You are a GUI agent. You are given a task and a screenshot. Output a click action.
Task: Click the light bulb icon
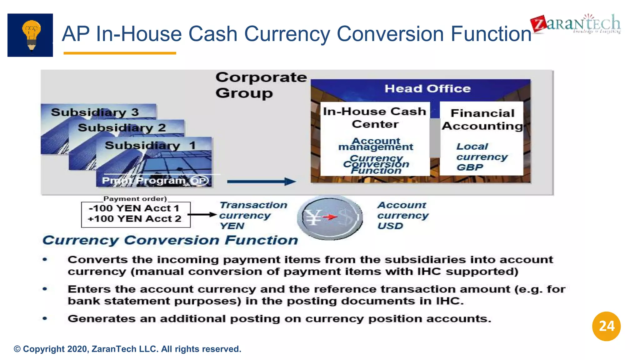[31, 35]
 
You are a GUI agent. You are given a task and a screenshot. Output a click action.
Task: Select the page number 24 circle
[606, 326]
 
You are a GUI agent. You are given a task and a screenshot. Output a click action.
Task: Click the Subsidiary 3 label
[95, 112]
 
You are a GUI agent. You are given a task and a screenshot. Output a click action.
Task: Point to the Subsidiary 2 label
[122, 128]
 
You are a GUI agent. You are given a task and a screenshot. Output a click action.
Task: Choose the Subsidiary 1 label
[150, 145]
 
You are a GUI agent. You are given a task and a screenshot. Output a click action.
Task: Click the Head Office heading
[427, 89]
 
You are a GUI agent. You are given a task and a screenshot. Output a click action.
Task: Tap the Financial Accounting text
[482, 119]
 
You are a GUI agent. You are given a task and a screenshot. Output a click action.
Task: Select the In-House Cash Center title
[375, 118]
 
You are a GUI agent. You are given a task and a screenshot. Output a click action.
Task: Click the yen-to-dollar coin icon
[330, 217]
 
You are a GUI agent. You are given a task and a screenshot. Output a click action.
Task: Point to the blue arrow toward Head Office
[261, 181]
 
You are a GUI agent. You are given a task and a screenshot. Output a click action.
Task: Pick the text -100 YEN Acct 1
[134, 208]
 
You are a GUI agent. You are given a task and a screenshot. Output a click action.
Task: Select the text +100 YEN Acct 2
[134, 219]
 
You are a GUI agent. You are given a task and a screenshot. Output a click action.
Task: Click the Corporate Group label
[261, 85]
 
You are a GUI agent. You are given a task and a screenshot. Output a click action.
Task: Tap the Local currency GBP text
[481, 157]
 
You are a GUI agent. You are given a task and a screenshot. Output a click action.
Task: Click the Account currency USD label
[402, 216]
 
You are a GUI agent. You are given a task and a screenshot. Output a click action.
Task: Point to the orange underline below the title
[120, 53]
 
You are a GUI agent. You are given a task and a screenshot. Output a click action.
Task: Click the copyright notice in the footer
[127, 349]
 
